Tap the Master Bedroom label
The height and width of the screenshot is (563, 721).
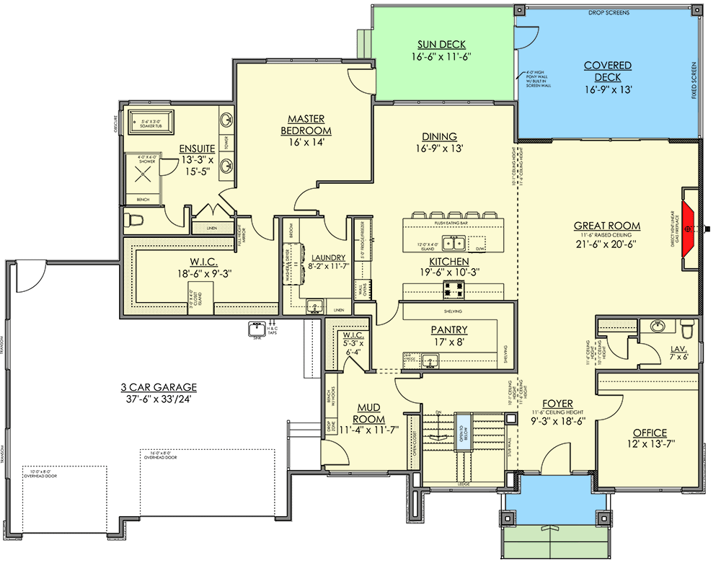click(x=306, y=125)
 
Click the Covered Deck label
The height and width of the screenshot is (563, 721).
click(x=608, y=71)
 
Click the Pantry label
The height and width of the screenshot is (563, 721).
click(x=450, y=329)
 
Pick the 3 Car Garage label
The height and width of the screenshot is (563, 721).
click(x=160, y=387)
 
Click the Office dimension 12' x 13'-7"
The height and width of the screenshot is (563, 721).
click(x=650, y=445)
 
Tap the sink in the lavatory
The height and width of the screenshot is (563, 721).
click(x=658, y=327)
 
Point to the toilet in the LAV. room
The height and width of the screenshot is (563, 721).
click(x=686, y=329)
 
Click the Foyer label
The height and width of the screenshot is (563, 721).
click(x=559, y=404)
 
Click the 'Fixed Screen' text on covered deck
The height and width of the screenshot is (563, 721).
click(x=695, y=80)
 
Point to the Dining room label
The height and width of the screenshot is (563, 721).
click(x=440, y=137)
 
